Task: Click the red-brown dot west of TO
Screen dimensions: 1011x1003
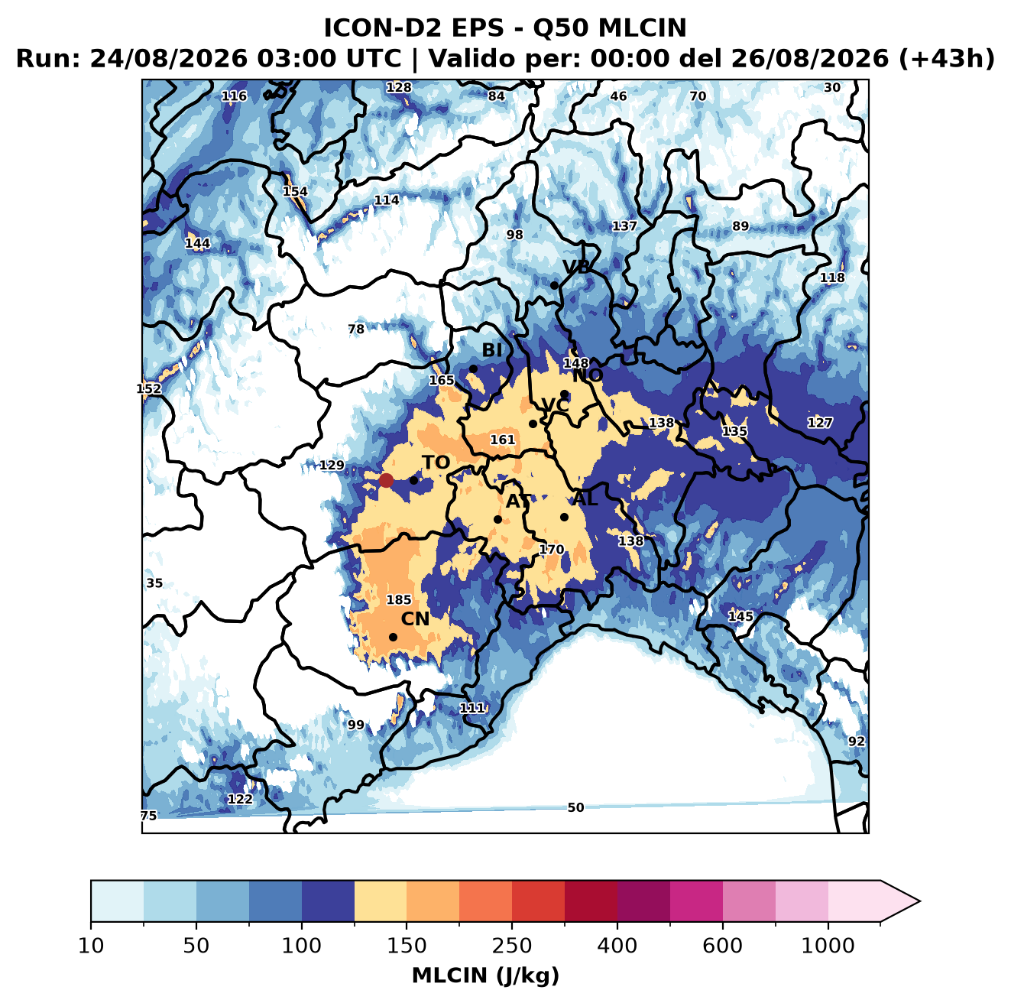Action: (386, 480)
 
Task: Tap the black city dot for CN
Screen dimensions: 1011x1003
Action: (393, 637)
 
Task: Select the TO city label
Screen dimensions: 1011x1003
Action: (436, 463)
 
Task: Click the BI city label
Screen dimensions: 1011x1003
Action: (492, 350)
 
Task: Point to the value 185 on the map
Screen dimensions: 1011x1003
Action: (399, 600)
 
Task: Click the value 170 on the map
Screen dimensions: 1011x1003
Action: (552, 550)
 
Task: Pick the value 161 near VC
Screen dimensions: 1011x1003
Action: (503, 440)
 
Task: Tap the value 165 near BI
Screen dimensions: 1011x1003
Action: (442, 381)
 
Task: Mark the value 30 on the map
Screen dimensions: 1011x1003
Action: (832, 88)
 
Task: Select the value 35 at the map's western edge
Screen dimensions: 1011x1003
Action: (154, 583)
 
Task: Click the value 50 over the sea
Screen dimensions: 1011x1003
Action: (575, 808)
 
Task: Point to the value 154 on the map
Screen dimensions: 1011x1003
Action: (296, 192)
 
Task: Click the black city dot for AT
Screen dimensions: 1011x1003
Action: (497, 520)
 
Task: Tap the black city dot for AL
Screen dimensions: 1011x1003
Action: (564, 518)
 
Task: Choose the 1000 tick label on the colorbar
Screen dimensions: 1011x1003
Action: (828, 946)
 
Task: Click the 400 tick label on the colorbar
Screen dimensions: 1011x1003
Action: (617, 946)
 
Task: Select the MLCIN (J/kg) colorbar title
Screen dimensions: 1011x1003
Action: (485, 975)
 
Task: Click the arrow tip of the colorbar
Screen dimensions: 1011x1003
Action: (920, 901)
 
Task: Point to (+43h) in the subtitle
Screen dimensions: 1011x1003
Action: (947, 59)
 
